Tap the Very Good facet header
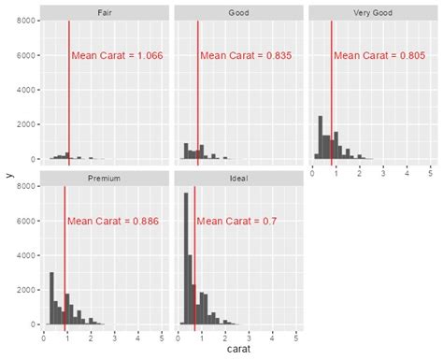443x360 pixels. coord(372,12)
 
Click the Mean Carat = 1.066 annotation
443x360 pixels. coord(118,56)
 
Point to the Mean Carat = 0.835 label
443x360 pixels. coord(246,56)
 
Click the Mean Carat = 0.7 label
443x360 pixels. coord(236,222)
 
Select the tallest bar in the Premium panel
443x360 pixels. coord(51,298)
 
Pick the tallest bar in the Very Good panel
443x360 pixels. coord(320,137)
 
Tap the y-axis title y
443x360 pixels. coord(8,174)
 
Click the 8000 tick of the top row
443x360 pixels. coord(27,21)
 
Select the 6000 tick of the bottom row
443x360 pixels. coord(27,221)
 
